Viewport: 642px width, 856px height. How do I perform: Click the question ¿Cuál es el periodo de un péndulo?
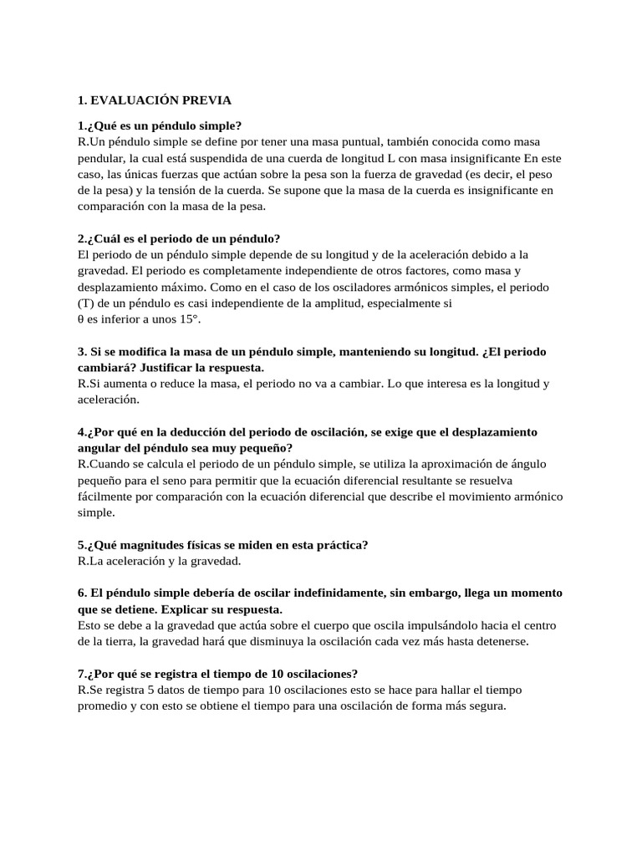pyautogui.click(x=160, y=237)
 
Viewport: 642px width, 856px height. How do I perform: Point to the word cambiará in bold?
pyautogui.click(x=104, y=367)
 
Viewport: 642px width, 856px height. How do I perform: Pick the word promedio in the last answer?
pyautogui.click(x=103, y=706)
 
